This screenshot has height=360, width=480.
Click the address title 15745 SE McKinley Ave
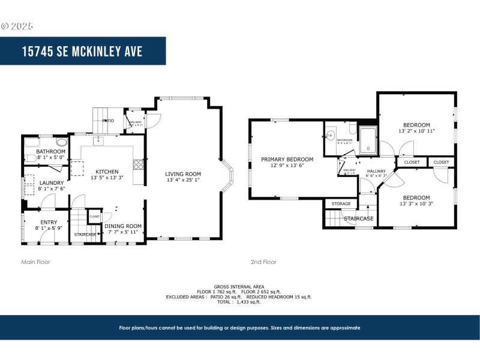(82, 51)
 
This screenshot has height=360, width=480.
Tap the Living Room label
(183, 174)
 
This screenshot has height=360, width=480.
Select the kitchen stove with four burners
(138, 163)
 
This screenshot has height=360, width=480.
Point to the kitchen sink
(100, 142)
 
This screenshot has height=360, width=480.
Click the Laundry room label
(51, 183)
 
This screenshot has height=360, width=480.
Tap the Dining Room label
(123, 226)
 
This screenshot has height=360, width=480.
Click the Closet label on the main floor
(95, 216)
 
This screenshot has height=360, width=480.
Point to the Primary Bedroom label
(287, 159)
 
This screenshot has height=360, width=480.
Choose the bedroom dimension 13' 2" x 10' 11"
(416, 130)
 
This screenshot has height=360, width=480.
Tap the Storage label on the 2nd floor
(341, 204)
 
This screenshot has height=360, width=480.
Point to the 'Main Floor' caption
(36, 262)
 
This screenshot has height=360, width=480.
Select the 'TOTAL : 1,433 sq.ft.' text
(239, 302)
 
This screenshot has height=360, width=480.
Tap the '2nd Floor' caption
(263, 262)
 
